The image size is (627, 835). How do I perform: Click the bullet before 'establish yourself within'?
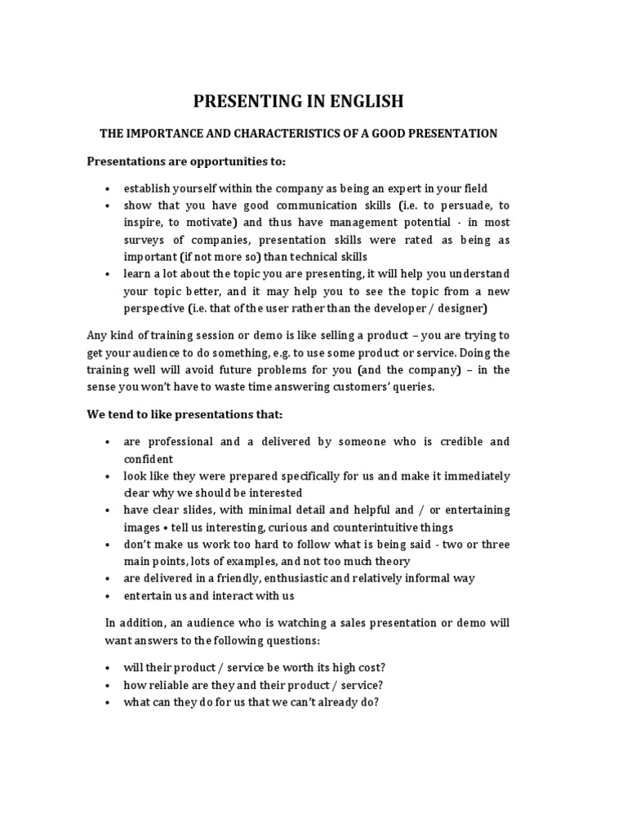[x=108, y=188]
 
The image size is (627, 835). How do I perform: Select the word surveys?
[x=145, y=240]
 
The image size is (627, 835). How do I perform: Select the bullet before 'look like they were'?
[x=108, y=475]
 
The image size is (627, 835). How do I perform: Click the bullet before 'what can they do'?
[x=108, y=702]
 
